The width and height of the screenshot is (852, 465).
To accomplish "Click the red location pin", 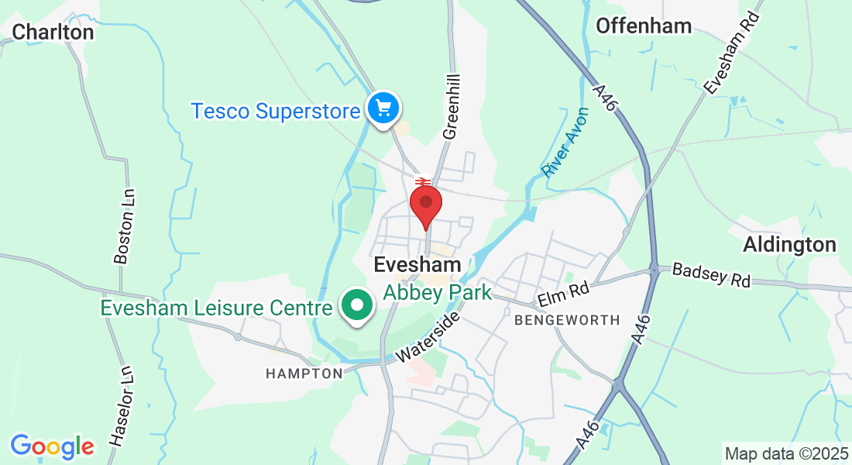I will coord(425,205).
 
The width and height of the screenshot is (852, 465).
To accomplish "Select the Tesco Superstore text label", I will coord(276,111).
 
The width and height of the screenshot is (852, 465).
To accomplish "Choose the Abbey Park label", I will coord(438,292).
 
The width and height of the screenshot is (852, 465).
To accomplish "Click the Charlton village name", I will coord(53,32).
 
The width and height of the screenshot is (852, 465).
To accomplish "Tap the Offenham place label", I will coord(643,26).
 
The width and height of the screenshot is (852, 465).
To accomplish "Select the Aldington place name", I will coord(789,245).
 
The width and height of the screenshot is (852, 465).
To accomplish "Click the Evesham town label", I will coord(417,264).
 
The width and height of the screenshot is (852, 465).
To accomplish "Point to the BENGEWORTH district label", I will coord(567,319).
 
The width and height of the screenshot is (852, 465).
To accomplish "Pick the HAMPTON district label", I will coord(304,374).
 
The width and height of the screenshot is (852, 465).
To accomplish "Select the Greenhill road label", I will coord(452,107).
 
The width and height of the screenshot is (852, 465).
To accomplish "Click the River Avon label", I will coord(565,143).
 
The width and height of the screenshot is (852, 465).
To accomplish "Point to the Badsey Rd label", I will coord(711,275).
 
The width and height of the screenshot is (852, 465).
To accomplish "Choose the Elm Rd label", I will coord(564,293).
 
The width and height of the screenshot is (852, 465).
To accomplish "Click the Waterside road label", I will coord(428,337).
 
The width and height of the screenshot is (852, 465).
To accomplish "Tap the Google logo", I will coord(52,446).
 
